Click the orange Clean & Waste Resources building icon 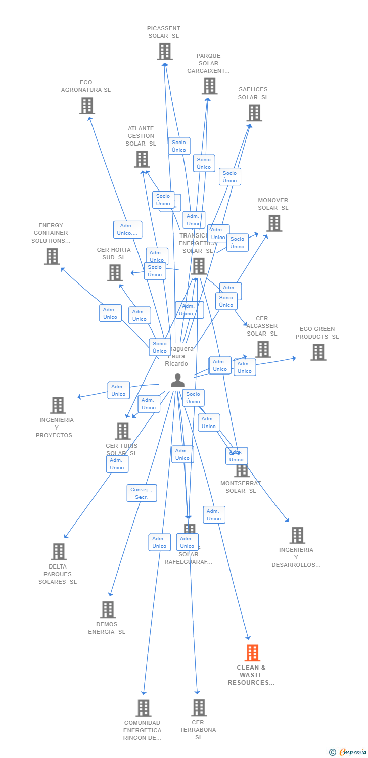tap(252, 653)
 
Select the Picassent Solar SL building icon tap(165, 52)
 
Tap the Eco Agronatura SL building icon tap(87, 106)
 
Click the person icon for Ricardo tap(177, 381)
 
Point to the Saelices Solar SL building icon tap(254, 113)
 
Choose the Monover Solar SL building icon tap(274, 223)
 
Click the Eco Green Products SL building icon tap(318, 352)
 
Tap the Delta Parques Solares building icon tap(59, 551)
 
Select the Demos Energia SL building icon tap(108, 609)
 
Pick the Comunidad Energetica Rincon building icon tap(144, 708)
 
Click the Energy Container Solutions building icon tap(52, 256)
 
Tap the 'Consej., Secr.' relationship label tap(142, 493)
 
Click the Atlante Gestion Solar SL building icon tap(142, 159)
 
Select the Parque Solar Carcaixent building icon tap(209, 86)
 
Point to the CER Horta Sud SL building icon tap(115, 273)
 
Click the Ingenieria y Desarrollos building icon tap(297, 535)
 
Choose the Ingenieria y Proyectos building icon tap(58, 405)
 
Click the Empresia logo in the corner tap(348, 752)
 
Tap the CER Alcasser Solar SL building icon tap(263, 349)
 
